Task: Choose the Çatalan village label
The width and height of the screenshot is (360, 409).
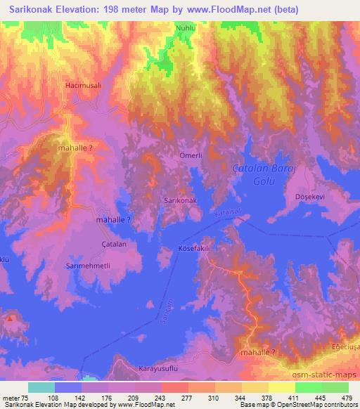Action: coord(113,245)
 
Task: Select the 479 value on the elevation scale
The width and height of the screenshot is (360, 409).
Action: coord(346,397)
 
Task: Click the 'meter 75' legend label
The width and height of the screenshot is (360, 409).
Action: coord(14,397)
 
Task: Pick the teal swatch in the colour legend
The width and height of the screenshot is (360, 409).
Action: coord(41,387)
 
